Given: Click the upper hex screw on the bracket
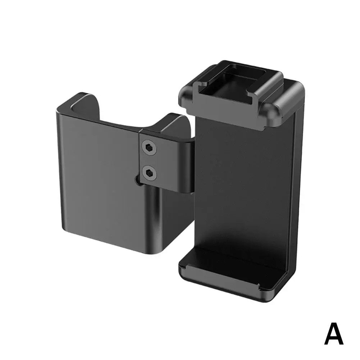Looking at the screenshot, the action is pos(149,147).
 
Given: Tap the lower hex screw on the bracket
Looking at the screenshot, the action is pos(149,172).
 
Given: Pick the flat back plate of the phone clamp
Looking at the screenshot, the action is pos(243,184).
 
